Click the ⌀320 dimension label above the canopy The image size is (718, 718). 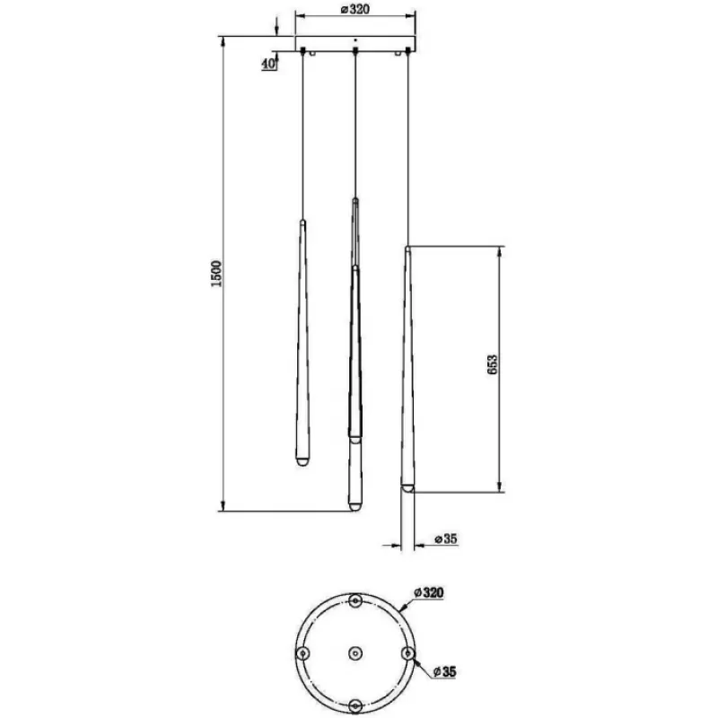tap(355, 9)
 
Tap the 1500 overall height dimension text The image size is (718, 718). tap(216, 274)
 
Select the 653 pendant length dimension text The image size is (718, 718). tap(492, 364)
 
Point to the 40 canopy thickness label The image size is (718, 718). tap(268, 64)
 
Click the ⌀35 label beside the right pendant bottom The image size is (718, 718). tap(445, 539)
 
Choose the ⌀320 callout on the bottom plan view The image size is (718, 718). tap(429, 592)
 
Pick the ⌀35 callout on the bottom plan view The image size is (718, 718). tap(444, 671)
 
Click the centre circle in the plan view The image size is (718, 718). tap(355, 653)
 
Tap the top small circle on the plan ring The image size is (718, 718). tap(355, 600)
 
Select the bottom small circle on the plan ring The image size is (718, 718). tap(355, 705)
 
